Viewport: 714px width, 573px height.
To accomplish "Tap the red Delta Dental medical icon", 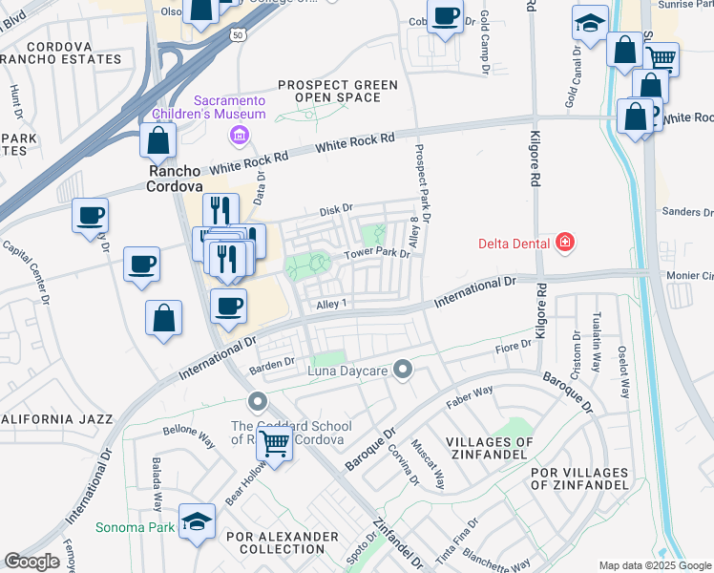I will click(565, 244).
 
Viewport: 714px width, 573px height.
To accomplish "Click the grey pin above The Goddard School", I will click(256, 401).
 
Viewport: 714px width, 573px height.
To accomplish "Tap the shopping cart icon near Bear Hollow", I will click(275, 442).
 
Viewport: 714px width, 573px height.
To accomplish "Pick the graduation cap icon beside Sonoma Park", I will click(198, 521).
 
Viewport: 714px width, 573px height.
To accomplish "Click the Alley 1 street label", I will click(330, 304).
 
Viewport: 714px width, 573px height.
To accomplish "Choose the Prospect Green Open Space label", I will click(337, 92).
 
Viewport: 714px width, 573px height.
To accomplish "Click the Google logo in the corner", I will click(32, 561).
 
